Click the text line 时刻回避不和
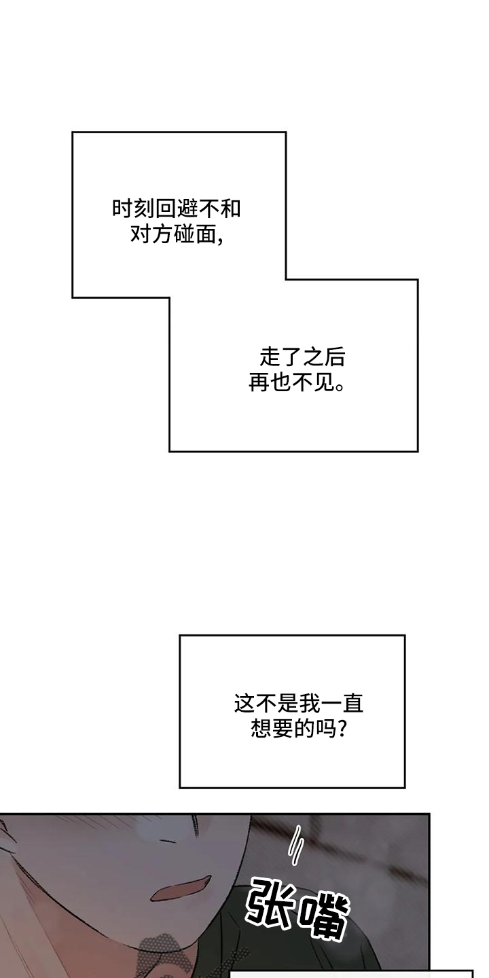177,209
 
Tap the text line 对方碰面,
177,235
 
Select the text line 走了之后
297,357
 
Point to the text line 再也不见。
296,384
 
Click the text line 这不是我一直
299,704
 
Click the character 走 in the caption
270,357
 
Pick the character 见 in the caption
325,384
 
